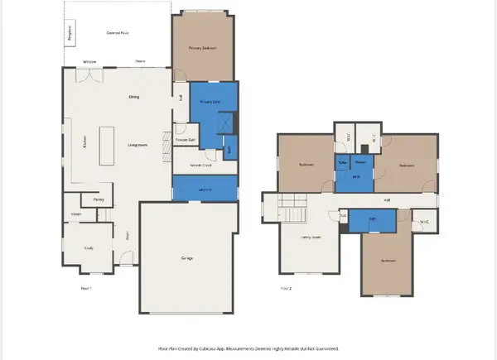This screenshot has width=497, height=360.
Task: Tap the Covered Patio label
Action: (119, 32)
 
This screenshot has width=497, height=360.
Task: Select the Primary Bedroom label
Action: (202, 49)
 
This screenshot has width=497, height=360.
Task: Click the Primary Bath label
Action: (211, 102)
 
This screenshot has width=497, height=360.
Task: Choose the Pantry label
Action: (98, 199)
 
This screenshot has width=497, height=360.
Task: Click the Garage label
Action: (187, 259)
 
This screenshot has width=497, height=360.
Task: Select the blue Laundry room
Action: (204, 190)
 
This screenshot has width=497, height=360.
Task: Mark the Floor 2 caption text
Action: (287, 288)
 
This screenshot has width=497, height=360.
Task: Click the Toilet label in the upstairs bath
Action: (341, 163)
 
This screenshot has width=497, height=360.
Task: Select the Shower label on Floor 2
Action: (359, 163)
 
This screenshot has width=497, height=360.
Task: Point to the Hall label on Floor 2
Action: (387, 200)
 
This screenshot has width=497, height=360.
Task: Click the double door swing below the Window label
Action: (88, 75)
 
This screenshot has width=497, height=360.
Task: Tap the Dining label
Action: (133, 97)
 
